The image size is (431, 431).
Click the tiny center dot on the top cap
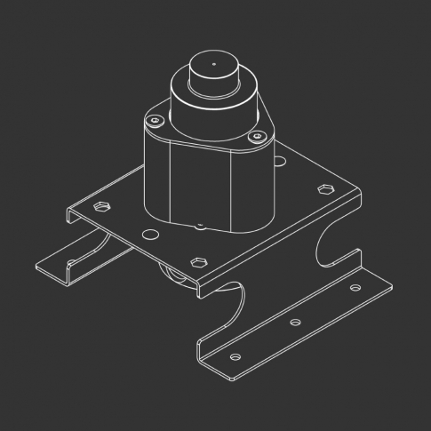(213, 65)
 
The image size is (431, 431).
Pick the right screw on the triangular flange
(258, 136)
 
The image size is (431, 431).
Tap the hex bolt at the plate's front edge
(197, 262)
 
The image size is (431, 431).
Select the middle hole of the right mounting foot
(296, 322)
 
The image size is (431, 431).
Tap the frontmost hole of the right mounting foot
(235, 356)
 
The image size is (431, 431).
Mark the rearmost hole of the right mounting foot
(355, 289)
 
